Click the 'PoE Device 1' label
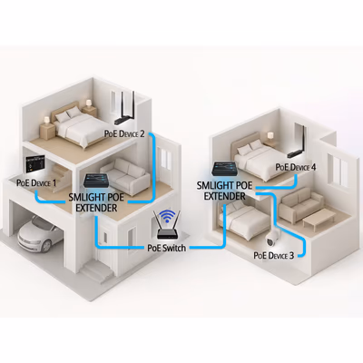click(x=36, y=182)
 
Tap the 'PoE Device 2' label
click(x=124, y=133)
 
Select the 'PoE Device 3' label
click(x=274, y=255)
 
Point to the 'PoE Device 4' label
click(x=296, y=167)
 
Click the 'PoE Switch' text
click(x=167, y=248)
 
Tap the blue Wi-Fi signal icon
click(x=168, y=216)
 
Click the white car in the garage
click(x=40, y=234)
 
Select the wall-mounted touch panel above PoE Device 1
click(x=34, y=164)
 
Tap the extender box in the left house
click(x=96, y=181)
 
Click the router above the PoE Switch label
click(x=168, y=229)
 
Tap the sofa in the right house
click(x=300, y=205)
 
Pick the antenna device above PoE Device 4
click(x=298, y=142)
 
